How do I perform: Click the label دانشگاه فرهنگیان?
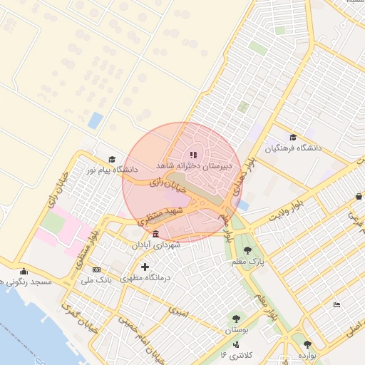coord(294,149)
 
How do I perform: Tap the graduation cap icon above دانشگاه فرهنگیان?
coord(293,137)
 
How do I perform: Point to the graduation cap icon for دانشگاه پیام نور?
coord(111,160)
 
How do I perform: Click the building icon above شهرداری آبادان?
coord(155,234)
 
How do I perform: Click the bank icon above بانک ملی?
coord(96,270)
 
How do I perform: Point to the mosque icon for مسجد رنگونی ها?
coord(24,271)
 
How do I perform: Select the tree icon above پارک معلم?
coord(247,250)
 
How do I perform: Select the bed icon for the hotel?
coord(336,305)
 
